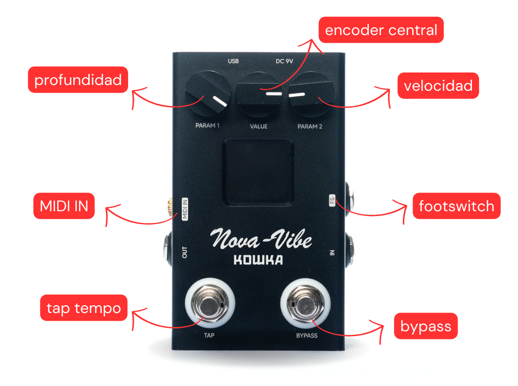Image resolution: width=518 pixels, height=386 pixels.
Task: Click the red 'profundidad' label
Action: [78, 80]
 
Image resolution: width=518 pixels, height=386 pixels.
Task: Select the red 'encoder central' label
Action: [381, 30]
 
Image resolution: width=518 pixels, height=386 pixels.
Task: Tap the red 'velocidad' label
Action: [438, 86]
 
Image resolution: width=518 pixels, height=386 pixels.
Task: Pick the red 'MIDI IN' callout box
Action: [64, 206]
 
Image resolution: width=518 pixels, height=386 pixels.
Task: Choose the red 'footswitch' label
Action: [456, 206]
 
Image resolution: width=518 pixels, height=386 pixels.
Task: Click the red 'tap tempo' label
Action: [83, 308]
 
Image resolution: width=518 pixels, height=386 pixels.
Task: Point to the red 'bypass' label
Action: [425, 326]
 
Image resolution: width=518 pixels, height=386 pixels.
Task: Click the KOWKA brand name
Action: [258, 260]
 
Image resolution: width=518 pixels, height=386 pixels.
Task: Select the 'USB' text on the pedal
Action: [234, 61]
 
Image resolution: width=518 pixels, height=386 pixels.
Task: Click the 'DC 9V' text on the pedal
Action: [284, 61]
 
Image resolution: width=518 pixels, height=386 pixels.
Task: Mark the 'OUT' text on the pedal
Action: [184, 252]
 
